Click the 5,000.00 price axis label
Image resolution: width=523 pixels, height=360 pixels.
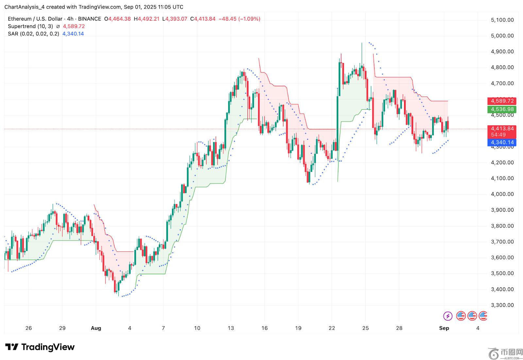(x=502, y=36)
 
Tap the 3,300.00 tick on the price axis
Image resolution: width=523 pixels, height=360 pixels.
(x=502, y=305)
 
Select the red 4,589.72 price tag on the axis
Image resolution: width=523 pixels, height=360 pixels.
(x=502, y=101)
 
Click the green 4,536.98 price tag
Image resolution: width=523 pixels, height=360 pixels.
(x=502, y=109)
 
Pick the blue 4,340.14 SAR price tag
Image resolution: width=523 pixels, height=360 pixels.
(x=502, y=142)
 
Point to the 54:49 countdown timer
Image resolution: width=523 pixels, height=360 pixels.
(x=498, y=135)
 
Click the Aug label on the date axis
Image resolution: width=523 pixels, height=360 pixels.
(x=96, y=328)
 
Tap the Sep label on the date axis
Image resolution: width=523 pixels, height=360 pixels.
(x=444, y=328)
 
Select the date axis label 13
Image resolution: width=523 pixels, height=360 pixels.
(x=231, y=328)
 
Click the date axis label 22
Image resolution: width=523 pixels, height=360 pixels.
(x=332, y=328)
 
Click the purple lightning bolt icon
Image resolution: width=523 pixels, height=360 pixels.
(x=447, y=316)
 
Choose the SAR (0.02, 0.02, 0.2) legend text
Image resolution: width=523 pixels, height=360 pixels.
(x=33, y=34)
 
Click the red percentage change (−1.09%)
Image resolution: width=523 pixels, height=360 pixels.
(x=249, y=19)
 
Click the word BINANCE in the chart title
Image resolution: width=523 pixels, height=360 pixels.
(x=90, y=19)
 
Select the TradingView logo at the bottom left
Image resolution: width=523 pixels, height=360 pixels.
(x=40, y=347)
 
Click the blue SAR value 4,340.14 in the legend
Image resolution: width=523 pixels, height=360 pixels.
(x=73, y=34)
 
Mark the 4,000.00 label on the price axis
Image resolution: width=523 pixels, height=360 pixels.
(x=502, y=194)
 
